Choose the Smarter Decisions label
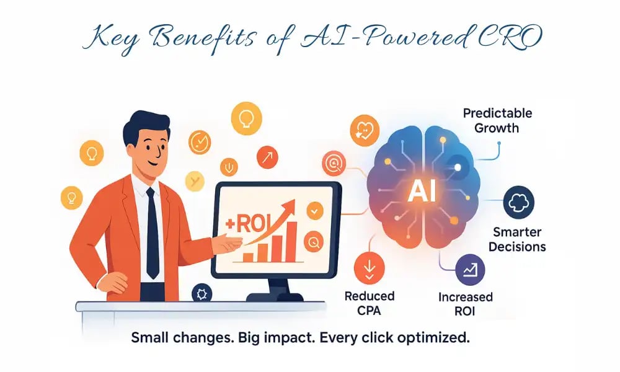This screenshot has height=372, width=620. (x=516, y=239)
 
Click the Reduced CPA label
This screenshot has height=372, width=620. (x=369, y=303)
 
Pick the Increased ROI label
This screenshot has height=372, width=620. (x=465, y=304)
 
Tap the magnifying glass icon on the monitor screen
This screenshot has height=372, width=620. (x=314, y=241)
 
